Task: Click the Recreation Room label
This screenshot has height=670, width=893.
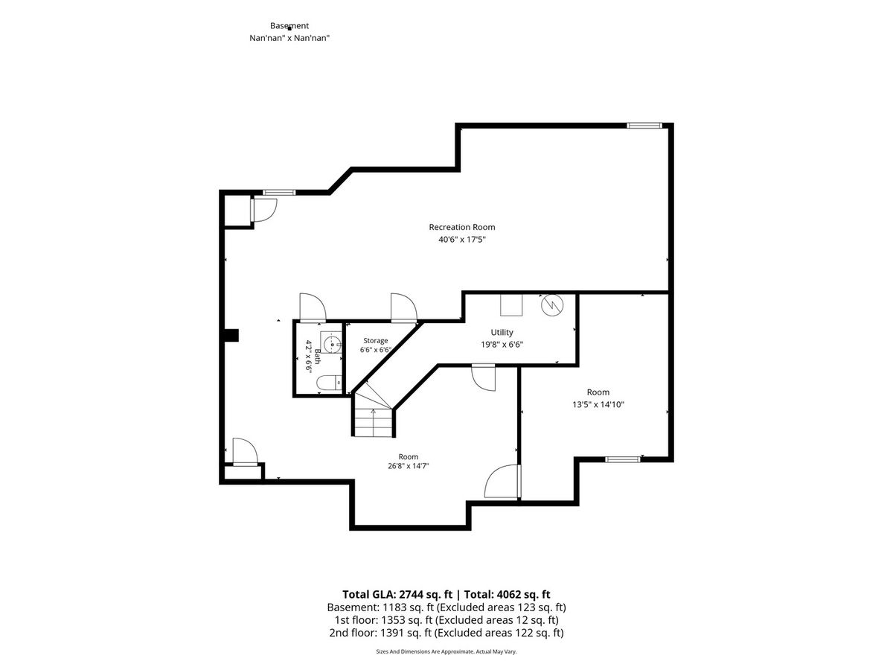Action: point(462,227)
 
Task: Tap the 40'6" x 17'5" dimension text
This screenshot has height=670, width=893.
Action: point(462,240)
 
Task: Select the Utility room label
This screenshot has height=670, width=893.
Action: point(502,332)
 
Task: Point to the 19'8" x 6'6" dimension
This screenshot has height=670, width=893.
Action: point(502,345)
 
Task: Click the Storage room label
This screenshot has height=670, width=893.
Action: point(375,340)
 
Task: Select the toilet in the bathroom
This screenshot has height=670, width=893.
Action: point(329,383)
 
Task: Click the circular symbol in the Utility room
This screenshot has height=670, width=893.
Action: point(551,304)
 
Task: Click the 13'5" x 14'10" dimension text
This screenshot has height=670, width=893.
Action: point(598,404)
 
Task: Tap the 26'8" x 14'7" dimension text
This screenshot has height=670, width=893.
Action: point(408,466)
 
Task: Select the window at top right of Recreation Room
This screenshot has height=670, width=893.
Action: point(644,126)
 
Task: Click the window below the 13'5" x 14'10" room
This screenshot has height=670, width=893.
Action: point(622,459)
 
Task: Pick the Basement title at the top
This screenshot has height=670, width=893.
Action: point(289,25)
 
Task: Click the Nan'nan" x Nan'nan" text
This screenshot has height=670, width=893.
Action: point(289,38)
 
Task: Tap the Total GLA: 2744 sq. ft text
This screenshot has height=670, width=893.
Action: point(397,595)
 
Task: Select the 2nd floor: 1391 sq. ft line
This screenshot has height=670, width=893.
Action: point(446,633)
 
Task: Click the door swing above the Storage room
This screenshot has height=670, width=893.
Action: point(403,307)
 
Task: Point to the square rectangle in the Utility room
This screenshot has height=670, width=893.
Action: point(511,305)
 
